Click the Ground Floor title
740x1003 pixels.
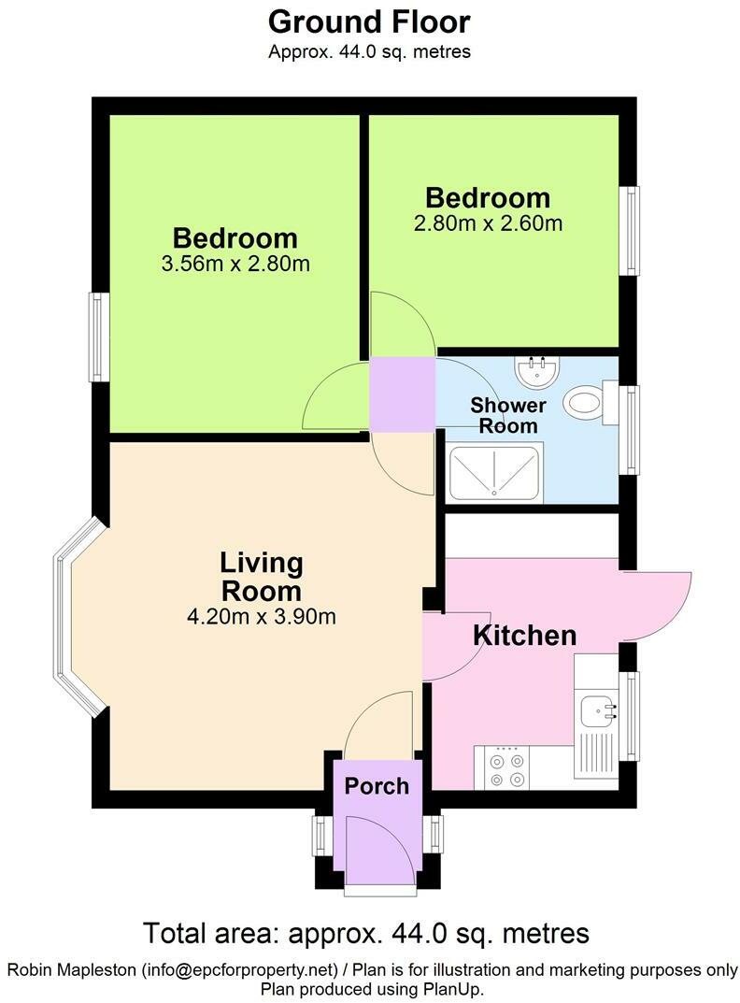tap(369, 21)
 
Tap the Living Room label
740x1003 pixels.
tap(262, 577)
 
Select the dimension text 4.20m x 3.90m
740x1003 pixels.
tap(262, 616)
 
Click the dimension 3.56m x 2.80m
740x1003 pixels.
tap(235, 264)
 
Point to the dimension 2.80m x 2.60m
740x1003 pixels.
tap(488, 223)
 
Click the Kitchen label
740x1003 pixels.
tap(524, 636)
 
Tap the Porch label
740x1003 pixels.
tap(377, 785)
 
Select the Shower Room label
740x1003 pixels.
tap(508, 416)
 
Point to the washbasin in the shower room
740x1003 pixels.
tap(536, 371)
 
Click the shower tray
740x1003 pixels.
tap(494, 473)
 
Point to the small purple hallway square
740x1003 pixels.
tap(403, 393)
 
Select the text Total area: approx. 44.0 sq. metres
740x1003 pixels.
tap(366, 932)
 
